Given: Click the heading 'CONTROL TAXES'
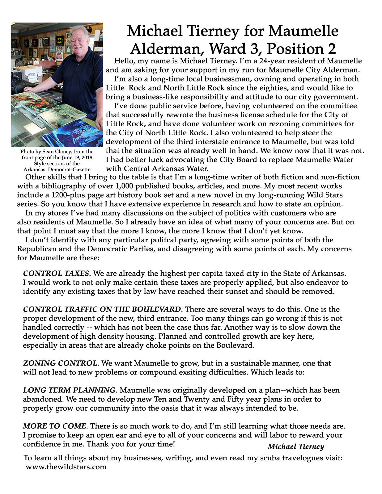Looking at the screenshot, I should click(56, 274).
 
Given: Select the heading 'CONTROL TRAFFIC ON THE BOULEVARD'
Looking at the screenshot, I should click(102, 309).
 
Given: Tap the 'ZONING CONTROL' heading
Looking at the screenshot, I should click(60, 363).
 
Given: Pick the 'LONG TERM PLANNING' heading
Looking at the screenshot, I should click(69, 390).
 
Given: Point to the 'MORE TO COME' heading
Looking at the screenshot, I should click(55, 426).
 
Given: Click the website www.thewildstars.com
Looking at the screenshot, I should click(66, 467).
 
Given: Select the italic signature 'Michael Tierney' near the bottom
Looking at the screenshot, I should click(296, 446).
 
